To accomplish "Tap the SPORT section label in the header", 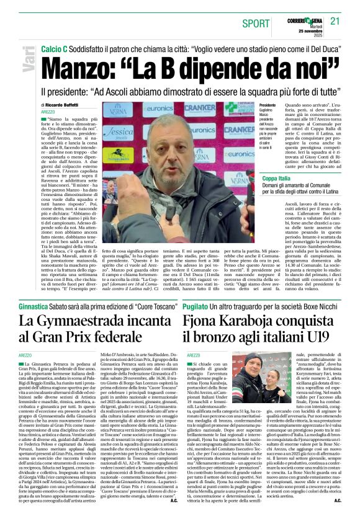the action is pyautogui.click(x=256, y=24).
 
